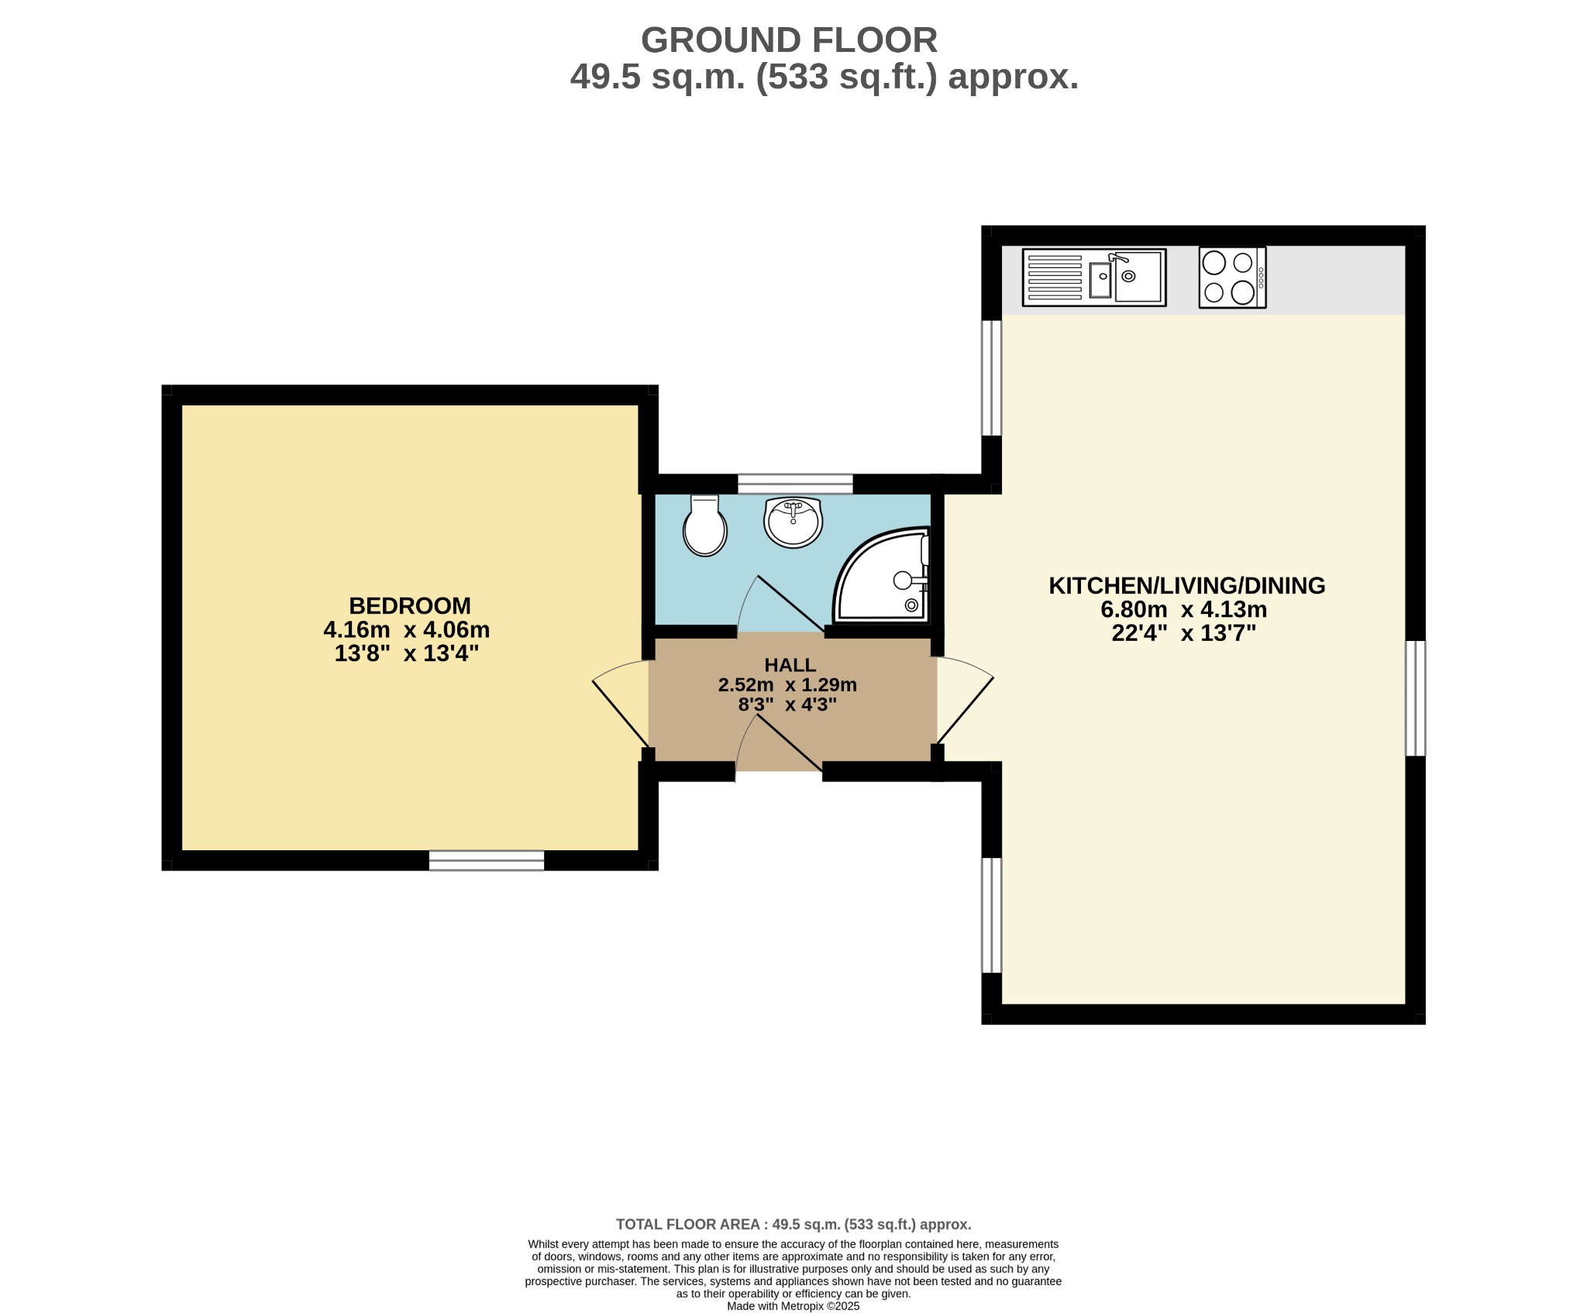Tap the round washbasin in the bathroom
[793, 522]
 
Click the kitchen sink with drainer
[1094, 277]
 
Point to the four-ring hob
[1232, 277]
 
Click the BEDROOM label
[410, 605]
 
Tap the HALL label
[790, 665]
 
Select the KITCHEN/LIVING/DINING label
[1186, 585]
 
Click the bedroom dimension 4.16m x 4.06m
[407, 629]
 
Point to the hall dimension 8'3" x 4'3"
[788, 705]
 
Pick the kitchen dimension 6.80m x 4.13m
[1184, 609]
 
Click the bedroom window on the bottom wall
[487, 860]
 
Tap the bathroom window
[795, 484]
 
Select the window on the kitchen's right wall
[1416, 698]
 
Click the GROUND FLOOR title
[789, 40]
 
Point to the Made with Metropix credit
[793, 1306]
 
